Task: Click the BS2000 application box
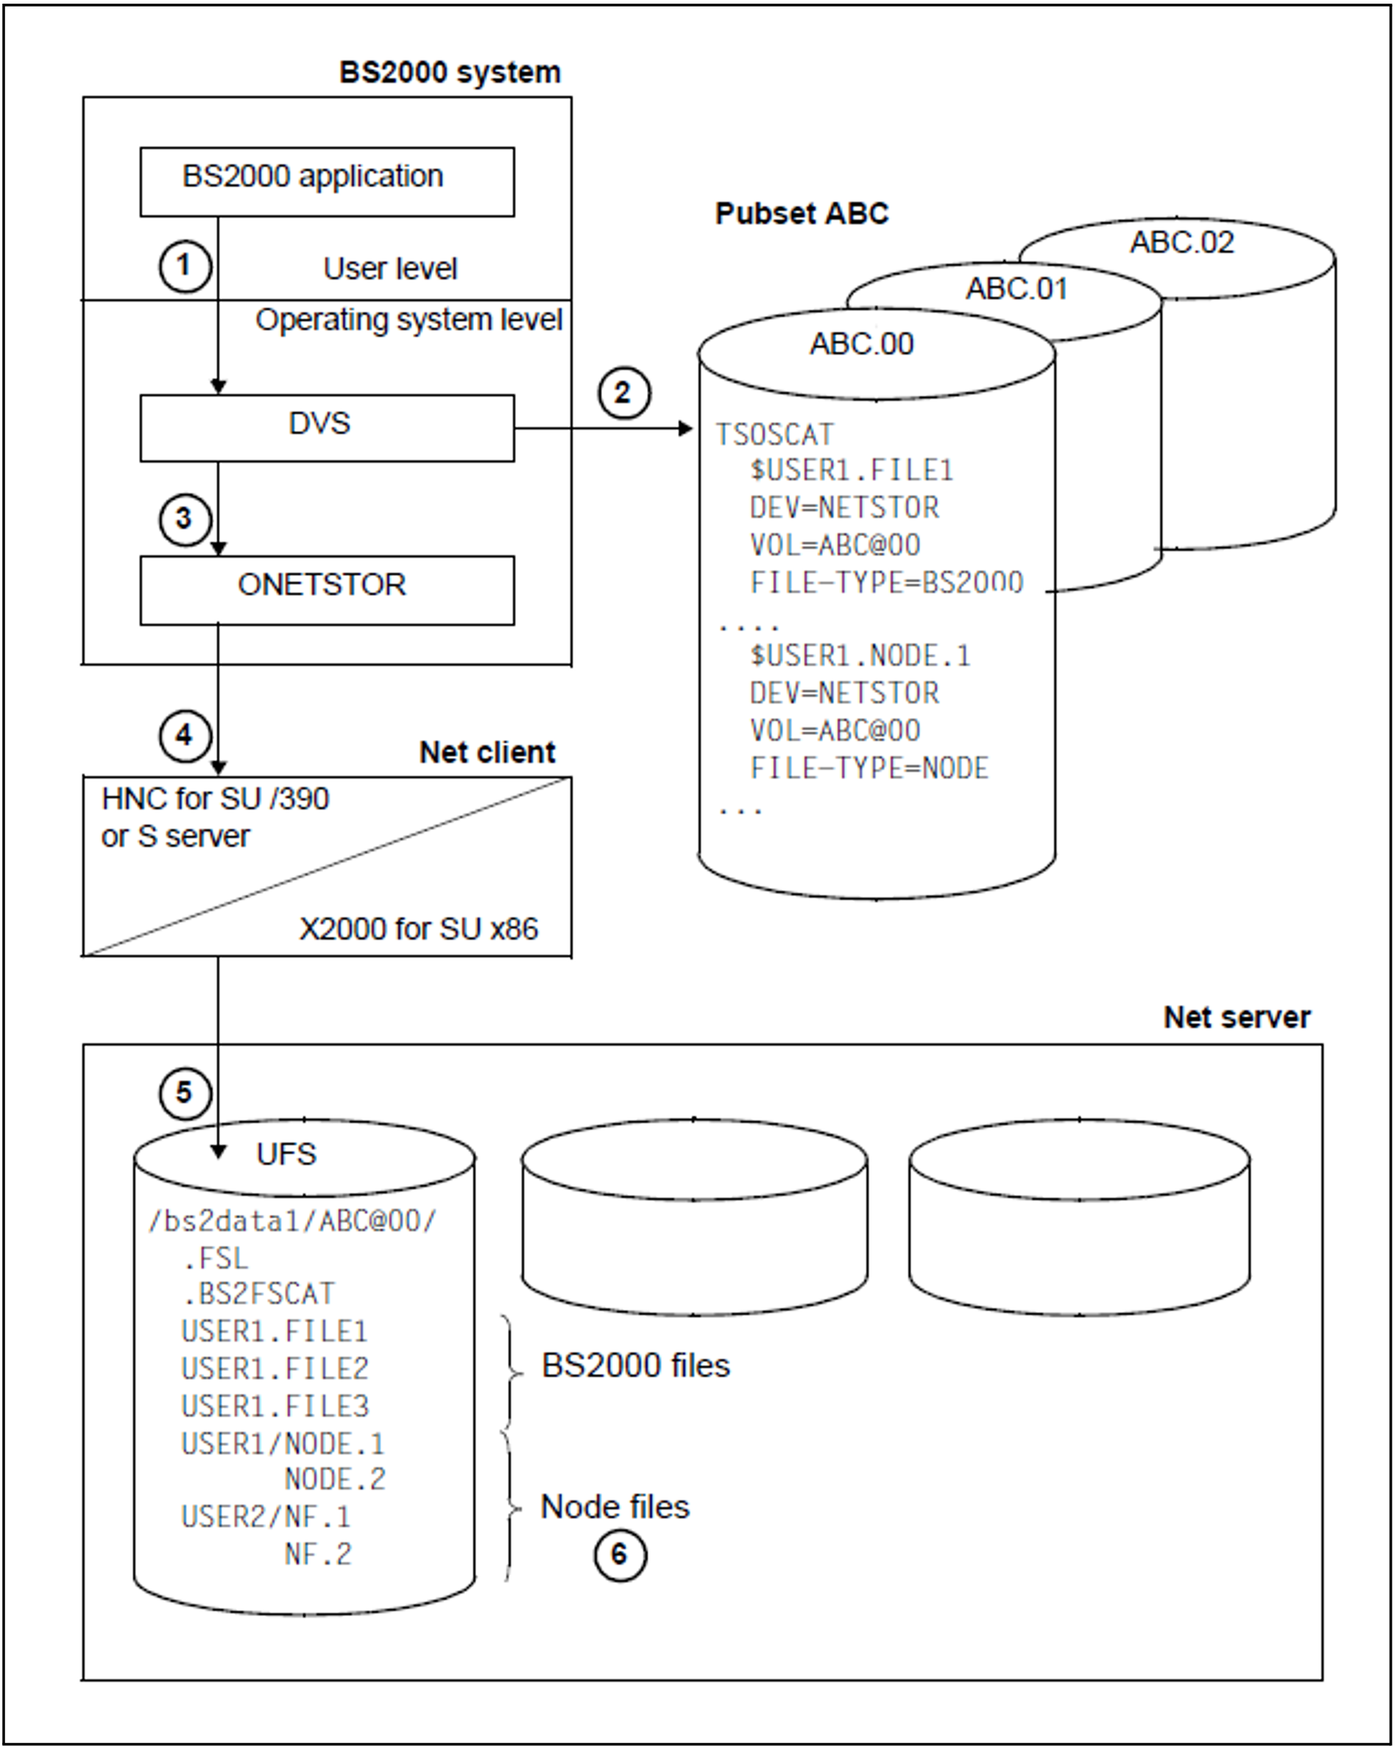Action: click(x=326, y=181)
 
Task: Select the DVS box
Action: click(x=326, y=428)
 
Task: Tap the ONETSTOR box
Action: click(x=326, y=590)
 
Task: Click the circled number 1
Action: click(x=184, y=265)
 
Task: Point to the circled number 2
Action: click(x=623, y=393)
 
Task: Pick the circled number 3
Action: click(x=184, y=518)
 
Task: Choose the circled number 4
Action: click(x=184, y=736)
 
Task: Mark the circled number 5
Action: click(x=184, y=1092)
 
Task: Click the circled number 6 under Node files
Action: click(x=620, y=1555)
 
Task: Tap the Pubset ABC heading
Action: click(x=801, y=213)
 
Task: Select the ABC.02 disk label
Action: click(x=1181, y=243)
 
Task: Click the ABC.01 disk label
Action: click(x=1016, y=289)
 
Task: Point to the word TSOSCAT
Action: click(x=774, y=435)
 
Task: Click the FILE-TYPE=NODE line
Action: click(x=869, y=768)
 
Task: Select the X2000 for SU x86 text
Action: click(x=418, y=929)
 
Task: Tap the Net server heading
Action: click(x=1236, y=1017)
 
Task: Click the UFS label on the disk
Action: click(x=286, y=1153)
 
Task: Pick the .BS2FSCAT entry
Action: click(x=258, y=1294)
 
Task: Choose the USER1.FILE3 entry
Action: click(x=275, y=1406)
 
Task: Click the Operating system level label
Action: click(x=408, y=319)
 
